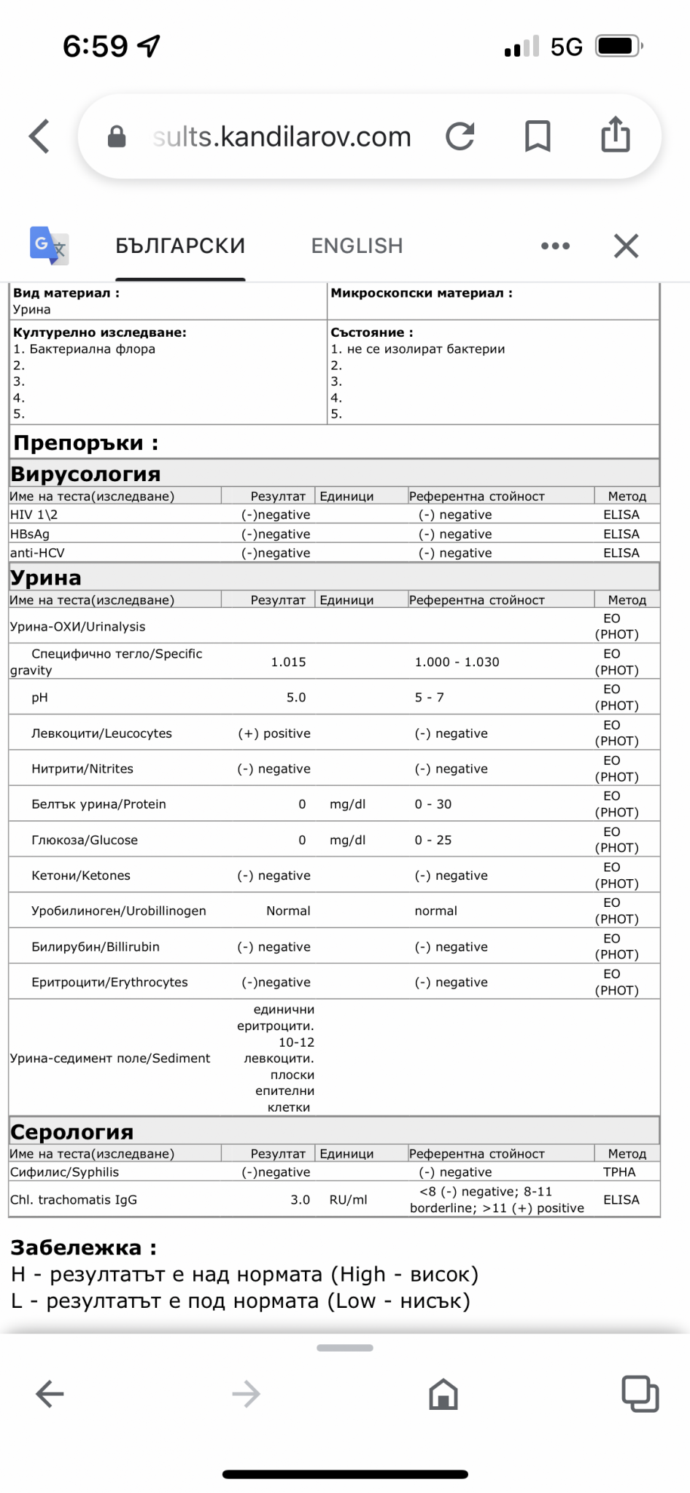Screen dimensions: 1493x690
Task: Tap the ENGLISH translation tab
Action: click(x=357, y=246)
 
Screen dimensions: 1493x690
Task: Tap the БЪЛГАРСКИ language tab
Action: click(x=180, y=246)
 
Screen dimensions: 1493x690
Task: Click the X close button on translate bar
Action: click(x=626, y=246)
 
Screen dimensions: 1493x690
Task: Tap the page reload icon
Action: click(x=460, y=136)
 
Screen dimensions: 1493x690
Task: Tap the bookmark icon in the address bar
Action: click(x=538, y=136)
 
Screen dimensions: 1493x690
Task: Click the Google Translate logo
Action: click(x=49, y=246)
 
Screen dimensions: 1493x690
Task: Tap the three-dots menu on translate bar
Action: click(x=555, y=246)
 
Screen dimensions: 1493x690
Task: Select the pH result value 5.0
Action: click(x=296, y=698)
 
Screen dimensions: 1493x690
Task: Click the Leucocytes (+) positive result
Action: click(x=274, y=733)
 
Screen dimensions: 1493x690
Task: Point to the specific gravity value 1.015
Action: click(x=289, y=662)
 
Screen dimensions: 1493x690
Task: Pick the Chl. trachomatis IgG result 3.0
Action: click(x=301, y=1200)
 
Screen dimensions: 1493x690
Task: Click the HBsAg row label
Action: click(x=30, y=534)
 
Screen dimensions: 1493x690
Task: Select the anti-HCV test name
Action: click(x=37, y=553)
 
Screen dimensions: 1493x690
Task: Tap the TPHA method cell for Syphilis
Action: click(x=619, y=1172)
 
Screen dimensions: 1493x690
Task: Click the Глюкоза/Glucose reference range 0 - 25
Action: click(x=433, y=840)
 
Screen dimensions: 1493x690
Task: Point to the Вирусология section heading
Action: click(x=85, y=474)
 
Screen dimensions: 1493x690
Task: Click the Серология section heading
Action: click(x=72, y=1131)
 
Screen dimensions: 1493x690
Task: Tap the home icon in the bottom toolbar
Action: click(x=443, y=1395)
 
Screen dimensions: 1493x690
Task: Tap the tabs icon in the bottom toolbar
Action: click(x=640, y=1394)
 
